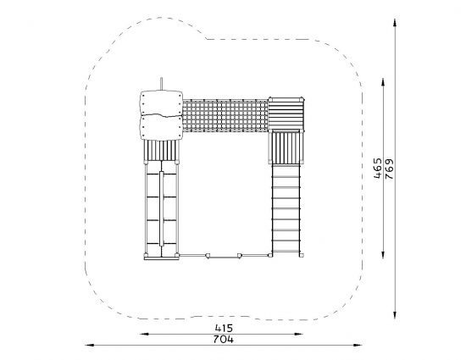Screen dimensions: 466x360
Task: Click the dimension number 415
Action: (224, 328)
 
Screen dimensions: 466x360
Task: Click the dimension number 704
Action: (224, 339)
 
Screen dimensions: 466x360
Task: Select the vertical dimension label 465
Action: (377, 168)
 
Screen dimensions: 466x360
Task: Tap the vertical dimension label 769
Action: (389, 169)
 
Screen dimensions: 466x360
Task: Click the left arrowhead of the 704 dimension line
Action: (90, 345)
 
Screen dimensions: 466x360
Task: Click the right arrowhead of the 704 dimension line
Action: (358, 345)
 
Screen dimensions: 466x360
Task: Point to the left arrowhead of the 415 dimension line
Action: (144, 334)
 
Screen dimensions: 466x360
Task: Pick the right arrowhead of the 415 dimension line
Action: (298, 334)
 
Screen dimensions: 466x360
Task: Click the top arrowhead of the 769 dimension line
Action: (395, 23)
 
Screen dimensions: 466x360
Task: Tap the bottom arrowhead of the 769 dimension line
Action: (395, 314)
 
